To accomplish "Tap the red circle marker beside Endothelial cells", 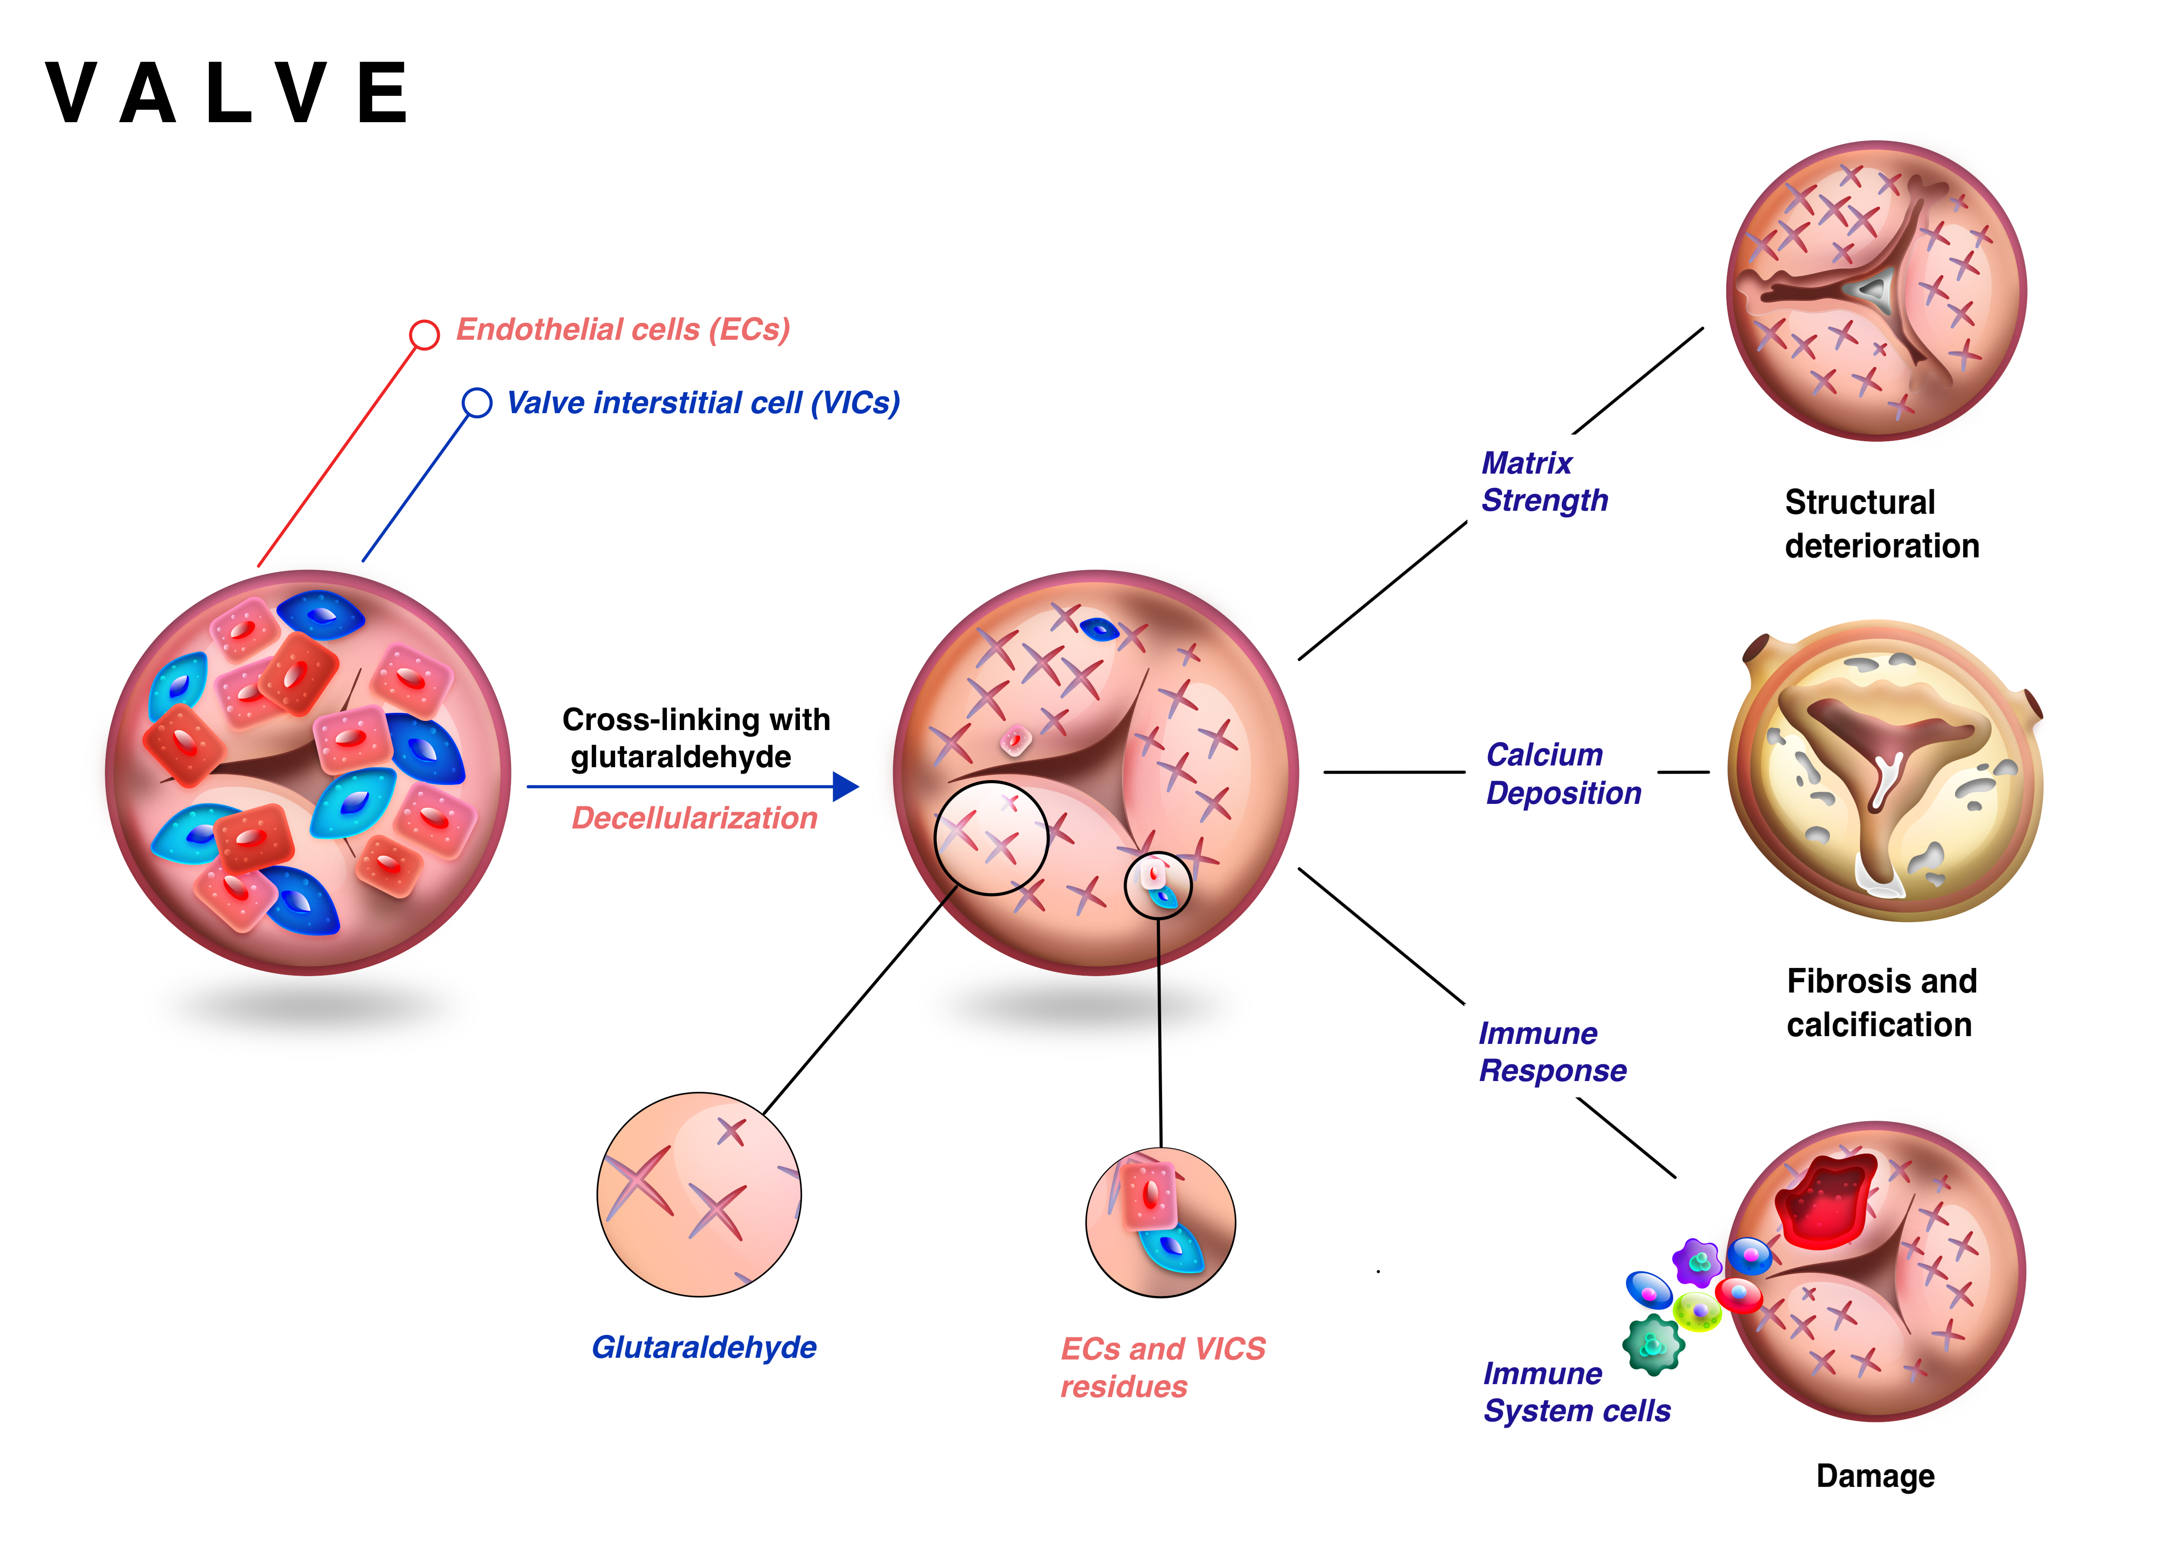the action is click(424, 334).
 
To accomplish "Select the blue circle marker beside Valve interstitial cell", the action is click(477, 402).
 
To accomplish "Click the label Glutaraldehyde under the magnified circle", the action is click(704, 1347).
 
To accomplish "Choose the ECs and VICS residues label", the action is click(1163, 1367).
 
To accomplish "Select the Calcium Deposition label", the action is click(1563, 774).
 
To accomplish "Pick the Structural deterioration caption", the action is click(1881, 523).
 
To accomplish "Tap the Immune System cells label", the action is click(1577, 1392).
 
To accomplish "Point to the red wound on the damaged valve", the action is click(1825, 1201).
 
